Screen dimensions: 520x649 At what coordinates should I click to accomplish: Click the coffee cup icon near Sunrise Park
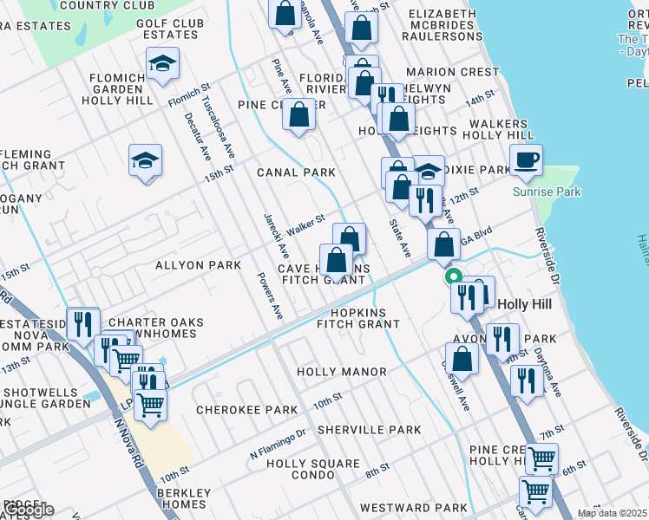tap(526, 160)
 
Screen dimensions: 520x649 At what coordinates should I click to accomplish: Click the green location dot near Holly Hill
tap(452, 277)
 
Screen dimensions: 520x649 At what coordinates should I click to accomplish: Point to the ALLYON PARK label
tap(198, 265)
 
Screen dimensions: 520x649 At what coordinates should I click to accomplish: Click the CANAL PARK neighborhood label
tap(296, 172)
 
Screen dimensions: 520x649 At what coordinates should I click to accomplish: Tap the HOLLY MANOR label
tap(342, 372)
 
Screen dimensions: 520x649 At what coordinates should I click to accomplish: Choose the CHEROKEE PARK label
tap(236, 409)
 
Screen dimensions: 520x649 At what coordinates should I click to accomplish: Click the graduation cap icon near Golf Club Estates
tap(162, 64)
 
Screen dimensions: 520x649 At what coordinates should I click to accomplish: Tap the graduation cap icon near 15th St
tap(146, 159)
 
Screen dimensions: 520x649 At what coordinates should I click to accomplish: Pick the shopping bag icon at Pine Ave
tap(299, 115)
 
